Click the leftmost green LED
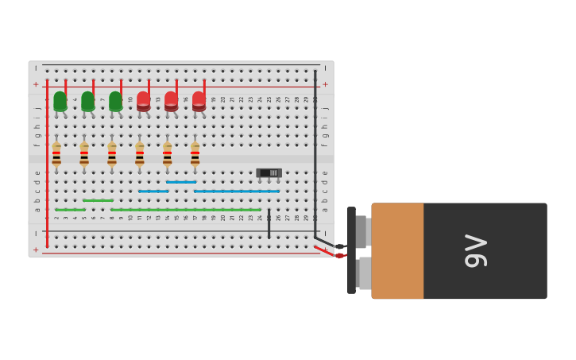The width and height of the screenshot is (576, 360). pyautogui.click(x=60, y=101)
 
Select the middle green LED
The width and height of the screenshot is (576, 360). pyautogui.click(x=87, y=101)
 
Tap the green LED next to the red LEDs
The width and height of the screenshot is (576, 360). pyautogui.click(x=115, y=101)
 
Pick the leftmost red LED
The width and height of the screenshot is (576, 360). pyautogui.click(x=143, y=101)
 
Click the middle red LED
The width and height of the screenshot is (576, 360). pyautogui.click(x=171, y=101)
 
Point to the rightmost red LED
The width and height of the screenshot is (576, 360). pyautogui.click(x=199, y=101)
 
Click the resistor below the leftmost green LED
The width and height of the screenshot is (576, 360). pyautogui.click(x=56, y=154)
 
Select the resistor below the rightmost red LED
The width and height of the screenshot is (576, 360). pyautogui.click(x=195, y=154)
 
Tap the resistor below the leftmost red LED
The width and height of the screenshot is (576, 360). pyautogui.click(x=140, y=154)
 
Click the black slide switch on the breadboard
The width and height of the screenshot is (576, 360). pyautogui.click(x=269, y=172)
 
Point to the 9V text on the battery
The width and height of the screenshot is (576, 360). pyautogui.click(x=475, y=250)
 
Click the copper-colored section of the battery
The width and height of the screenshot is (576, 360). pyautogui.click(x=397, y=250)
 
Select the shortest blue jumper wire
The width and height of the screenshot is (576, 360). pyautogui.click(x=181, y=182)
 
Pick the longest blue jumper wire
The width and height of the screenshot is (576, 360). pyautogui.click(x=237, y=191)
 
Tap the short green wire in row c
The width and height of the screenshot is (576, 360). pyautogui.click(x=98, y=200)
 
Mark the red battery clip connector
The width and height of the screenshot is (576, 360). pyautogui.click(x=339, y=255)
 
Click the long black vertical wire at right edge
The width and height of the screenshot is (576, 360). pyautogui.click(x=315, y=151)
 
